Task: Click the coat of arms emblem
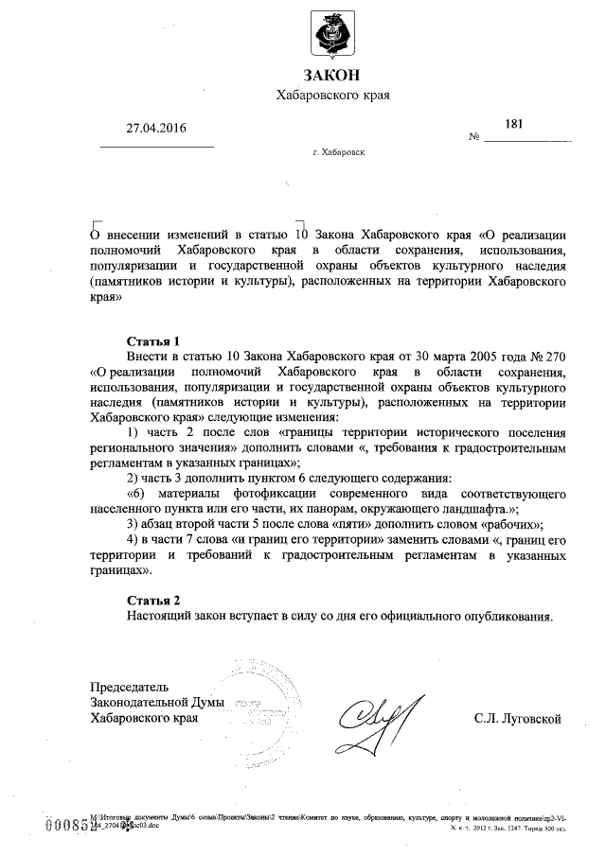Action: (x=332, y=33)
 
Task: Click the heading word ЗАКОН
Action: (x=332, y=76)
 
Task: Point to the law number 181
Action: (x=514, y=123)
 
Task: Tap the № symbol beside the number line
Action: (x=474, y=138)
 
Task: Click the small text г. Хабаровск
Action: (x=338, y=151)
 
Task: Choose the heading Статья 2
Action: (x=152, y=601)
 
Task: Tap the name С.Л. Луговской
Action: (x=518, y=720)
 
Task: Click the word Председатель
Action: (x=129, y=686)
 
